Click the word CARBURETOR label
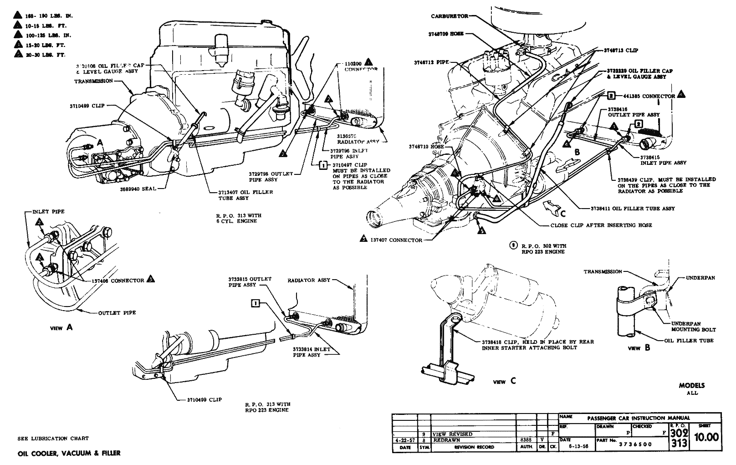449,16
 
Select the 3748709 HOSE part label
446,34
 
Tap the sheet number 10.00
706,438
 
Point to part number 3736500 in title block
635,445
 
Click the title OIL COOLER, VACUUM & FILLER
69,453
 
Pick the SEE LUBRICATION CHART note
53,439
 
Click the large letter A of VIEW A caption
69,327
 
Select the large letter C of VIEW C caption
513,381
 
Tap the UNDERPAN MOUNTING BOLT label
693,326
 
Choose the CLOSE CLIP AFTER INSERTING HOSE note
601,225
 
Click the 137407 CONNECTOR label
396,240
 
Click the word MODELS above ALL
692,385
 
